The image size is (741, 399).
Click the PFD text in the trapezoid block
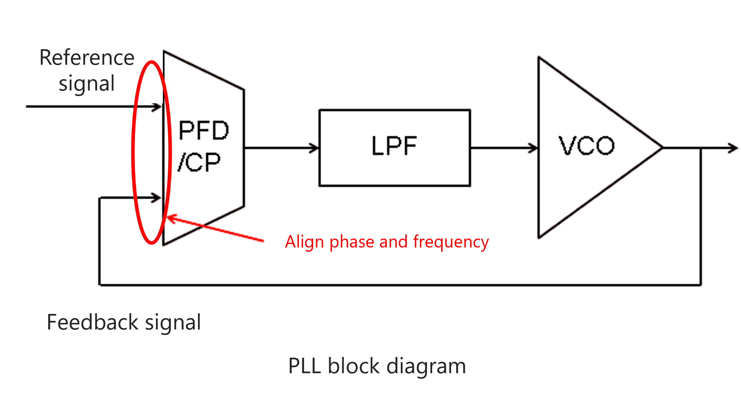[x=204, y=130]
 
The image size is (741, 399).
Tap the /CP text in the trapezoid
[x=199, y=162]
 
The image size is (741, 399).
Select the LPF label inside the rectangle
[x=394, y=146]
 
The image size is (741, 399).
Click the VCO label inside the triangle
[x=586, y=146]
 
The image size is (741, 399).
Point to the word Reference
[x=87, y=57]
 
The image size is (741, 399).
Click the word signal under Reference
[x=87, y=84]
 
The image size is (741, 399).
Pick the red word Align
[x=305, y=242]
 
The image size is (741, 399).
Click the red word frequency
[x=451, y=242]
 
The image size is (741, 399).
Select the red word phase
[x=352, y=242]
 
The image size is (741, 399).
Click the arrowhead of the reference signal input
[x=158, y=107]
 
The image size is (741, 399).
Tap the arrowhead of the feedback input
[x=158, y=198]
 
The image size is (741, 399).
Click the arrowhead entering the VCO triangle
[x=534, y=148]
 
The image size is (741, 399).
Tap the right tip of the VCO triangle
[x=662, y=148]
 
